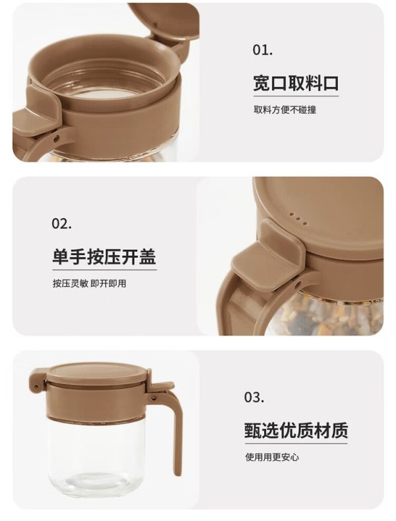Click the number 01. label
(x=263, y=50)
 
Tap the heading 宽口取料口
(x=296, y=83)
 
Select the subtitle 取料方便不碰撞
(x=285, y=109)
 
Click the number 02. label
(x=61, y=224)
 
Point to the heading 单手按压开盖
(x=104, y=257)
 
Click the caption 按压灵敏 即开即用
(x=90, y=284)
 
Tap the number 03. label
(x=254, y=397)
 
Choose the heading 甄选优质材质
(x=296, y=430)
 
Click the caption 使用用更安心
(x=272, y=457)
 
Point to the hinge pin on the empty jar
(x=154, y=397)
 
